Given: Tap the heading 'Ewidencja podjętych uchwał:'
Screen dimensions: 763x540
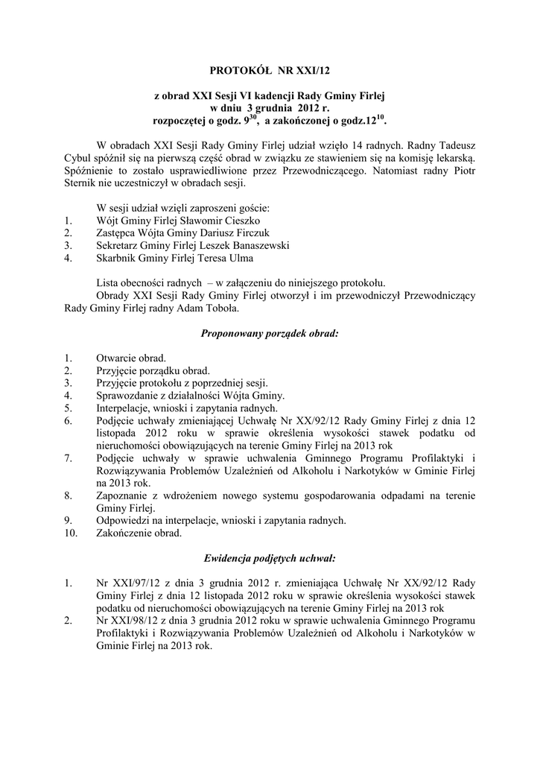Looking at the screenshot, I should click(270, 558).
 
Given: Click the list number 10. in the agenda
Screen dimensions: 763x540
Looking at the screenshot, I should click(72, 534).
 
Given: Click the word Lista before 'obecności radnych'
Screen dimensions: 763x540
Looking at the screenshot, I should click(110, 283).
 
